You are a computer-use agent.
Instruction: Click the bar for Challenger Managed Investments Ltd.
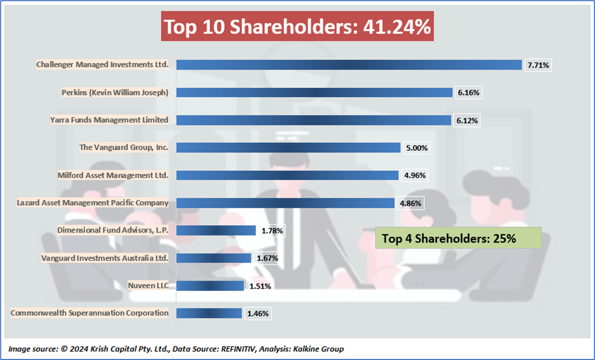coord(348,65)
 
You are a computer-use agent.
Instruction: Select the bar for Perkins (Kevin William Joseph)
coord(314,92)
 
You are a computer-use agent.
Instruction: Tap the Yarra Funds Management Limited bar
coord(313,120)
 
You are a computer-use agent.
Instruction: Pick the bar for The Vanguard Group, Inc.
coord(288,148)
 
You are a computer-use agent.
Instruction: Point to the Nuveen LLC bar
coord(210,286)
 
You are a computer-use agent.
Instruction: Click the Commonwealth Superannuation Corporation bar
coord(209,313)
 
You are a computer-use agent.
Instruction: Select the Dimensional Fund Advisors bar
coord(216,230)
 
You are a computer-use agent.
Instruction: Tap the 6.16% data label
coord(469,93)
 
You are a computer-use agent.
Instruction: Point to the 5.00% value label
coord(417,148)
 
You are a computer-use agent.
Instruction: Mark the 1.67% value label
coord(267,258)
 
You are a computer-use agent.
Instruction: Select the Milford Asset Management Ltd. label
coord(113,175)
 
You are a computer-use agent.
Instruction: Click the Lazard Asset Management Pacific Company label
coord(93,202)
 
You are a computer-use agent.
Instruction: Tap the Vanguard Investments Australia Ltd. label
coord(105,258)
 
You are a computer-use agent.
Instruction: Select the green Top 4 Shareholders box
coord(450,238)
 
